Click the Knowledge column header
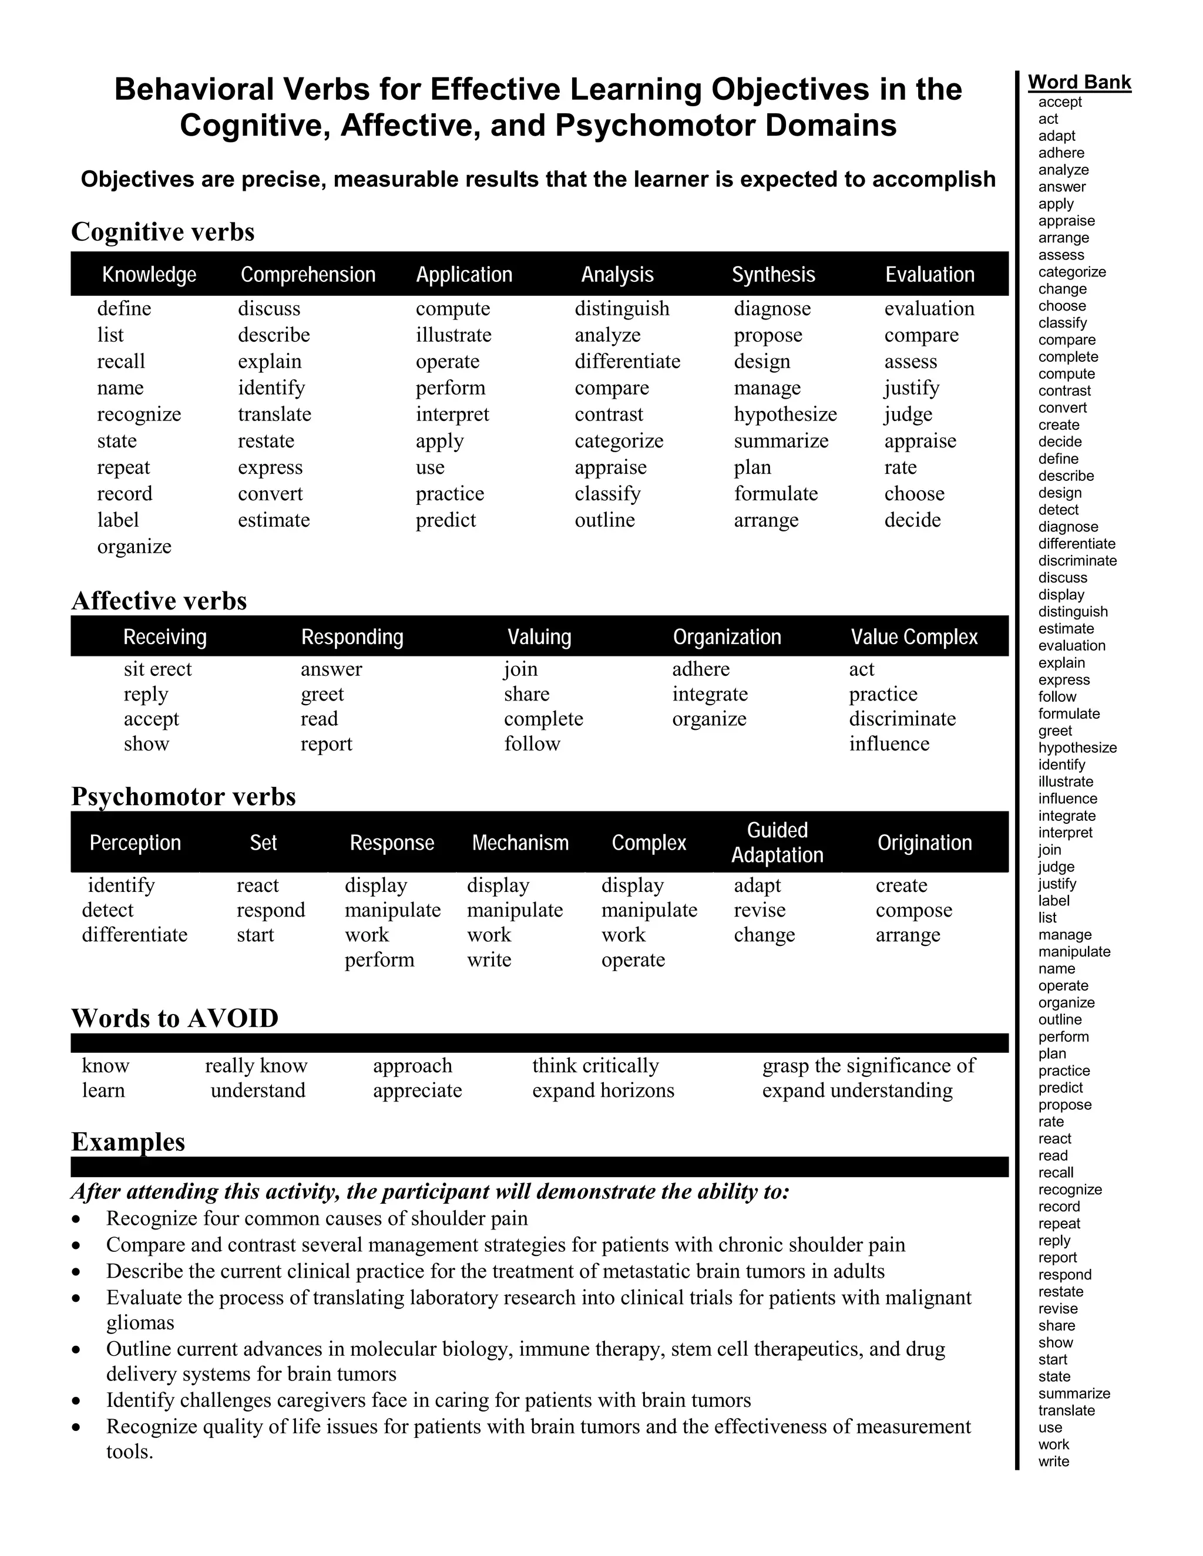pyautogui.click(x=149, y=275)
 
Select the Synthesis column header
pyautogui.click(x=773, y=275)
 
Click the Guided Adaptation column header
pyautogui.click(x=777, y=842)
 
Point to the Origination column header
pyautogui.click(x=925, y=843)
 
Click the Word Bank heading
pyautogui.click(x=1079, y=83)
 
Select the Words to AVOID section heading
pyautogui.click(x=174, y=1018)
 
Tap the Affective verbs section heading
pyautogui.click(x=159, y=601)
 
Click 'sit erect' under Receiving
pyautogui.click(x=157, y=669)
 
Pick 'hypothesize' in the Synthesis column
pyautogui.click(x=785, y=414)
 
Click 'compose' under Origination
pyautogui.click(x=913, y=910)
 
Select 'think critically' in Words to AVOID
pyautogui.click(x=595, y=1065)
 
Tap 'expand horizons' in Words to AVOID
pyautogui.click(x=603, y=1090)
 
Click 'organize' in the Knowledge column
pyautogui.click(x=134, y=547)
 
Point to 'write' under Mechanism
pyautogui.click(x=489, y=959)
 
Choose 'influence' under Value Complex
pyautogui.click(x=889, y=744)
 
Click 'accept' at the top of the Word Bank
pyautogui.click(x=1060, y=102)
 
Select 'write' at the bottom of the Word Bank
pyautogui.click(x=1053, y=1461)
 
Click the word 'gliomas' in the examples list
pyautogui.click(x=140, y=1322)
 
